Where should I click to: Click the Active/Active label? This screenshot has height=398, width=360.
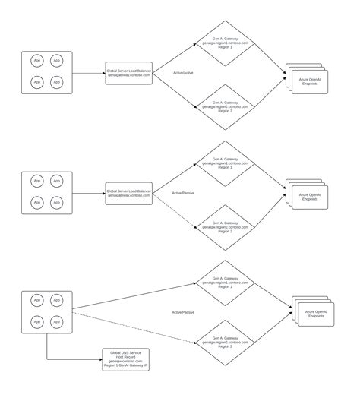[184, 74]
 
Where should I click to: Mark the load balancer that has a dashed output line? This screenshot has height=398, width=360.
[129, 193]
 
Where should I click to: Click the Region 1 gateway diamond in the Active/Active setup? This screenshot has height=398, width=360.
[226, 40]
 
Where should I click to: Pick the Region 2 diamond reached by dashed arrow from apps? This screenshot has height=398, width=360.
[226, 343]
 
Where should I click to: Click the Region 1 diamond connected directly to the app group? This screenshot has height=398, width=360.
[226, 282]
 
